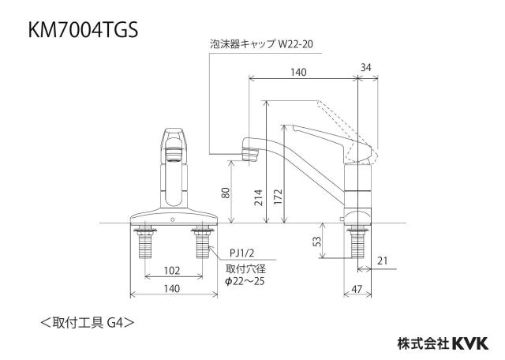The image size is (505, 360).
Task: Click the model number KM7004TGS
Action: coord(84,30)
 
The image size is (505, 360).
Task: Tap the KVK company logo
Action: coord(471,343)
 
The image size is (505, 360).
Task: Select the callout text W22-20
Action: coord(296,44)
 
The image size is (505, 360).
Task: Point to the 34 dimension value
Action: coord(366,67)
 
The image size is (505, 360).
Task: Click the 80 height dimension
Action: coord(226,193)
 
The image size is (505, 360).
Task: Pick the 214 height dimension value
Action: coord(259,197)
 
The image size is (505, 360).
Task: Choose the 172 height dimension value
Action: coord(278,197)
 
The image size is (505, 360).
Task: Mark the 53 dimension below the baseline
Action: coord(317,242)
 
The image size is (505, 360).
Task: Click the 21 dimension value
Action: coord(382,261)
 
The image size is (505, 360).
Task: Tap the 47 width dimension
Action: coord(357,289)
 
